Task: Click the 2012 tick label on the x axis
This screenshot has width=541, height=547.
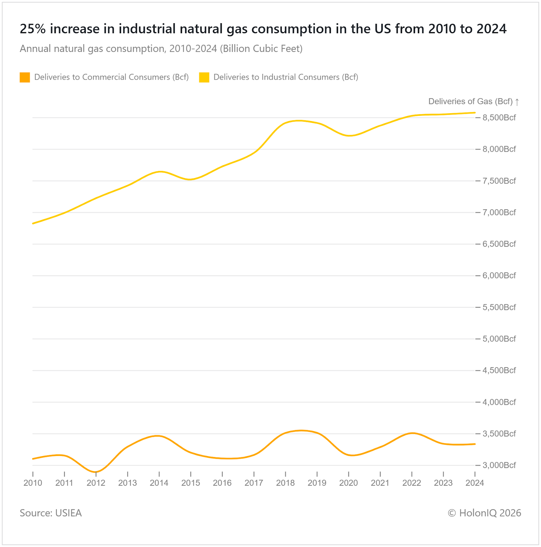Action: click(96, 483)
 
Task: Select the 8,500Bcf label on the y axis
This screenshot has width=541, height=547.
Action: click(499, 118)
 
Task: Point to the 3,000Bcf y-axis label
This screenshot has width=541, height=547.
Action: click(499, 465)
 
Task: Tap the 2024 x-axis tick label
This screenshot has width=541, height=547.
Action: click(475, 483)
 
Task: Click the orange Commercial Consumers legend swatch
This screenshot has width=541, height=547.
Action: click(25, 77)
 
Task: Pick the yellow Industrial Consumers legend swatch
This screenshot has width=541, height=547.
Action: click(204, 77)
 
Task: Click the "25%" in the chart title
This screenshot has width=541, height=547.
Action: click(33, 29)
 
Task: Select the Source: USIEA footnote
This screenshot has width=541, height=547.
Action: click(51, 513)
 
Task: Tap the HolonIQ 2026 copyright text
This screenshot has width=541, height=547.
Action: click(484, 513)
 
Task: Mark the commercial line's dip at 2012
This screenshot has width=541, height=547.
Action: click(96, 472)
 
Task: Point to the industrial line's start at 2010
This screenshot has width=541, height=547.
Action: click(33, 223)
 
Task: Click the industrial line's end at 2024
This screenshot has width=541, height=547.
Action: click(475, 112)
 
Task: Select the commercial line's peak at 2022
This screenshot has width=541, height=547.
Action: click(412, 433)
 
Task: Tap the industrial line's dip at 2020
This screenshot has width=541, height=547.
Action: click(349, 136)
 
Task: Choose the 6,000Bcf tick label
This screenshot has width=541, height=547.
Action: click(499, 276)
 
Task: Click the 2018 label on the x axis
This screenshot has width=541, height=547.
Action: click(285, 483)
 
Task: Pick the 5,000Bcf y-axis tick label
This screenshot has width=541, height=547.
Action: click(499, 339)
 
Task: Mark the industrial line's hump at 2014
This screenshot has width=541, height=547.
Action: click(159, 172)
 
